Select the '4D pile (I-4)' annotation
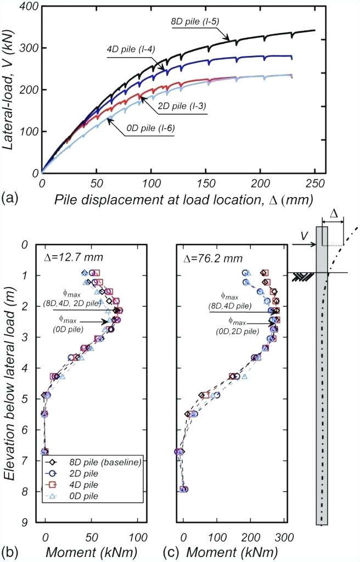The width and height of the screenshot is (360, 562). point(130,48)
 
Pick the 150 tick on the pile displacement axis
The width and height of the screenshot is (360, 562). point(206,182)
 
